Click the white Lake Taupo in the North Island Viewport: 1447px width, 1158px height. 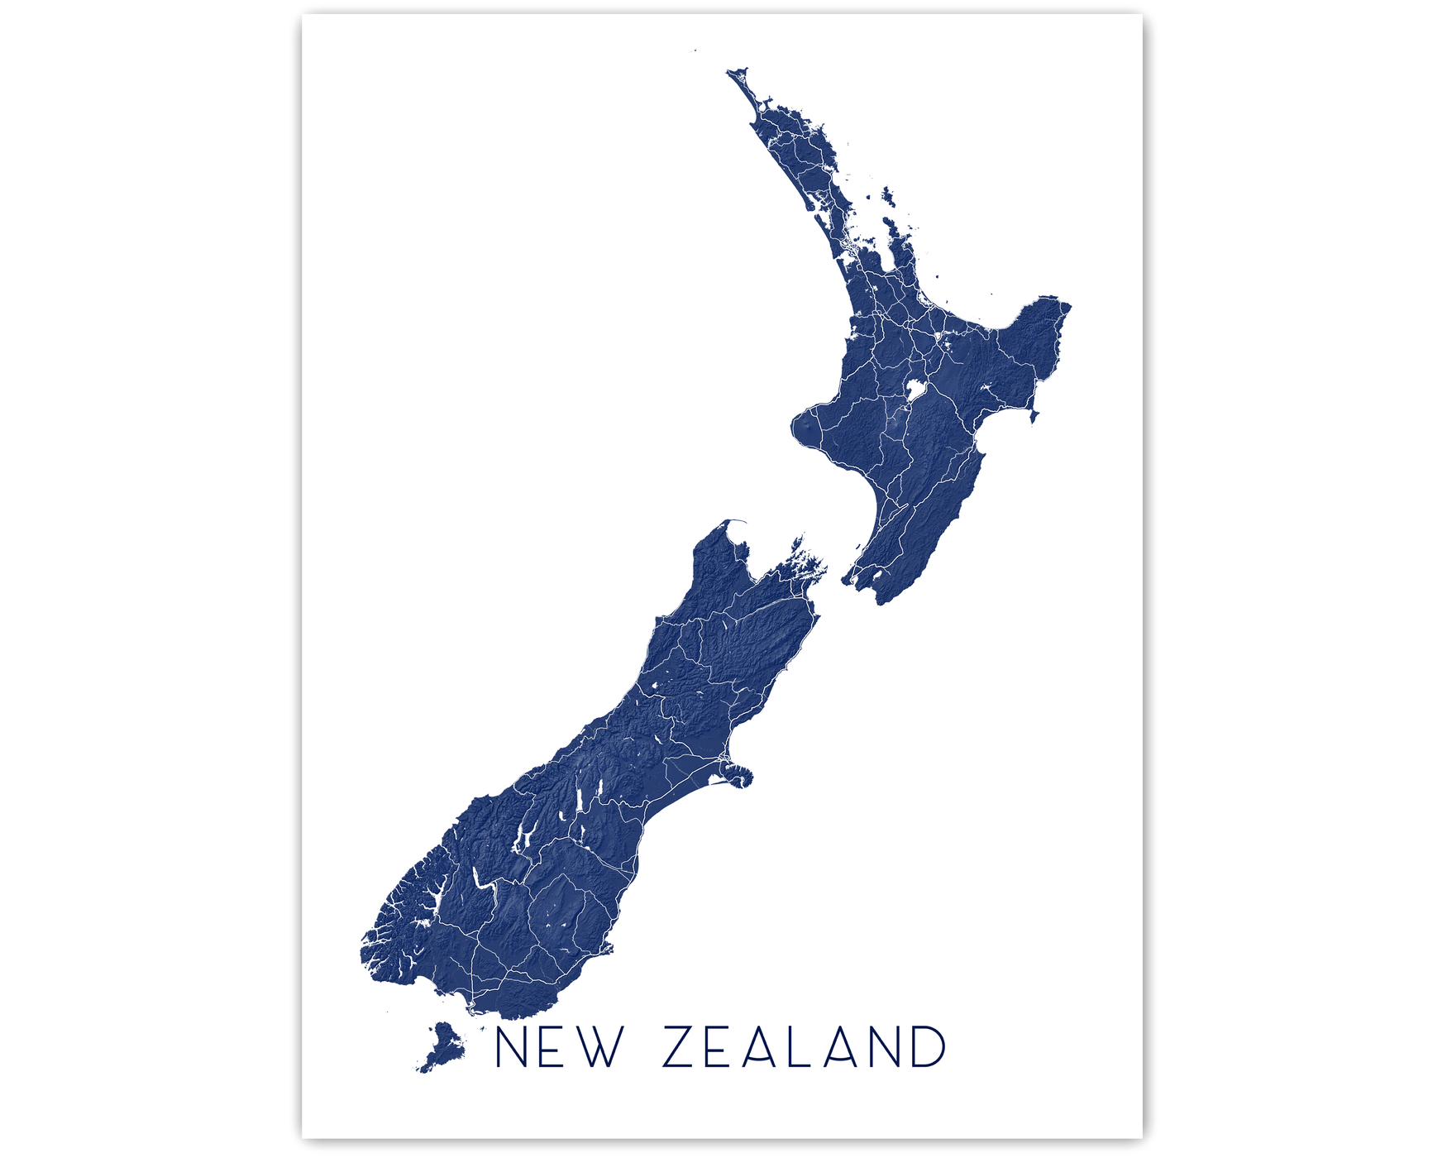(x=915, y=388)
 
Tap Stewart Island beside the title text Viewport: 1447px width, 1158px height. (x=444, y=1047)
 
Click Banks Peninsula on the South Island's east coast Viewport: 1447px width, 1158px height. (x=737, y=775)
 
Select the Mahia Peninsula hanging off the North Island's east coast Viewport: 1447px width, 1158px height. (x=1034, y=414)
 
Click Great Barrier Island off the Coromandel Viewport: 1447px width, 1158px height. (x=888, y=197)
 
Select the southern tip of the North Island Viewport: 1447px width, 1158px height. (x=881, y=601)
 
